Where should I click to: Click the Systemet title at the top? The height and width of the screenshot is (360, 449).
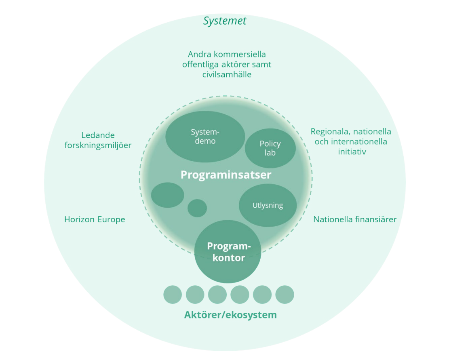tap(225, 21)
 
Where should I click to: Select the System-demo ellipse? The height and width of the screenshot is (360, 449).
tap(205, 137)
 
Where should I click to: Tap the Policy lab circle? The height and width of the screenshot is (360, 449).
tap(270, 148)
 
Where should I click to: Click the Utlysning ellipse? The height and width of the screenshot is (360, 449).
tap(268, 205)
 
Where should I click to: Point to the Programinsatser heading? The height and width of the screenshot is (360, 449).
tap(226, 175)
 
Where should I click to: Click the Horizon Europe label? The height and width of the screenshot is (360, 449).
tap(95, 219)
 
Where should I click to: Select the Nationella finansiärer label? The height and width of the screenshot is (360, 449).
tap(355, 219)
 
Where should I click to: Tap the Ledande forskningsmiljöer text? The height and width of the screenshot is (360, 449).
tap(98, 140)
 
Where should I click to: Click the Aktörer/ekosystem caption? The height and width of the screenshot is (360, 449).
tap(230, 315)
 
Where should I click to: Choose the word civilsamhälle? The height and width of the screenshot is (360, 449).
tap(227, 75)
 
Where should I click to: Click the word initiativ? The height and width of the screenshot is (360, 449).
tap(352, 152)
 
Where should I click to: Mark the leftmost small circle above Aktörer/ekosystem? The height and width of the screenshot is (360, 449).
tap(173, 295)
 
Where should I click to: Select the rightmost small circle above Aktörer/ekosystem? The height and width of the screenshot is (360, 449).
tap(285, 295)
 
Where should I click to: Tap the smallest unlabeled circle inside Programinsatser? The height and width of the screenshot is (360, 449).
tap(197, 208)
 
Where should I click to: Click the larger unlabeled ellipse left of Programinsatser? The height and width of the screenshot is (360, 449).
tap(167, 195)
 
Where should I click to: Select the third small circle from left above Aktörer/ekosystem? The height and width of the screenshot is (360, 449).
tap(217, 295)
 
